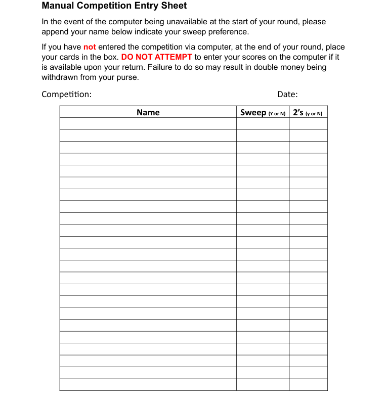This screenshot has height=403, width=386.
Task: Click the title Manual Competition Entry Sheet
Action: coord(114,6)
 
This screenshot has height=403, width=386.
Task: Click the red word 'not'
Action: coord(90,47)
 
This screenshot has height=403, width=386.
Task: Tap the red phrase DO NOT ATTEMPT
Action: coord(157,57)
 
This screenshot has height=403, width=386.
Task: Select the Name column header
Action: coord(148,112)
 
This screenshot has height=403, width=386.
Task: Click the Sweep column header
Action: coord(263,112)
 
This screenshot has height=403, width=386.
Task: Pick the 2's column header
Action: coord(308,112)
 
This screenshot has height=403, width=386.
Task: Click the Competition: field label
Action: coord(66,94)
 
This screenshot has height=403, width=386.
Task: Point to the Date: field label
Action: coord(287,94)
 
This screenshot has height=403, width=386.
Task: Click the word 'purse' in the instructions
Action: coord(126,77)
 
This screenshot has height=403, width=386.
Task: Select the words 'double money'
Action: coord(279,67)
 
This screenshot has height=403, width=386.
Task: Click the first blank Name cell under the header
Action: coord(148,124)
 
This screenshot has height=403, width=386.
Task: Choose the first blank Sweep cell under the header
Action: coord(263,124)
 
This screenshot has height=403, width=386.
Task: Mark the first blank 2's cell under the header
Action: coord(308,124)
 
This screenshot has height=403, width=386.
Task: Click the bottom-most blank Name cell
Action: coord(148,385)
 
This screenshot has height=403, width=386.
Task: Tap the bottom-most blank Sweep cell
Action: coord(263,385)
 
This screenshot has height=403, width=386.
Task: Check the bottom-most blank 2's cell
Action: coord(308,385)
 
